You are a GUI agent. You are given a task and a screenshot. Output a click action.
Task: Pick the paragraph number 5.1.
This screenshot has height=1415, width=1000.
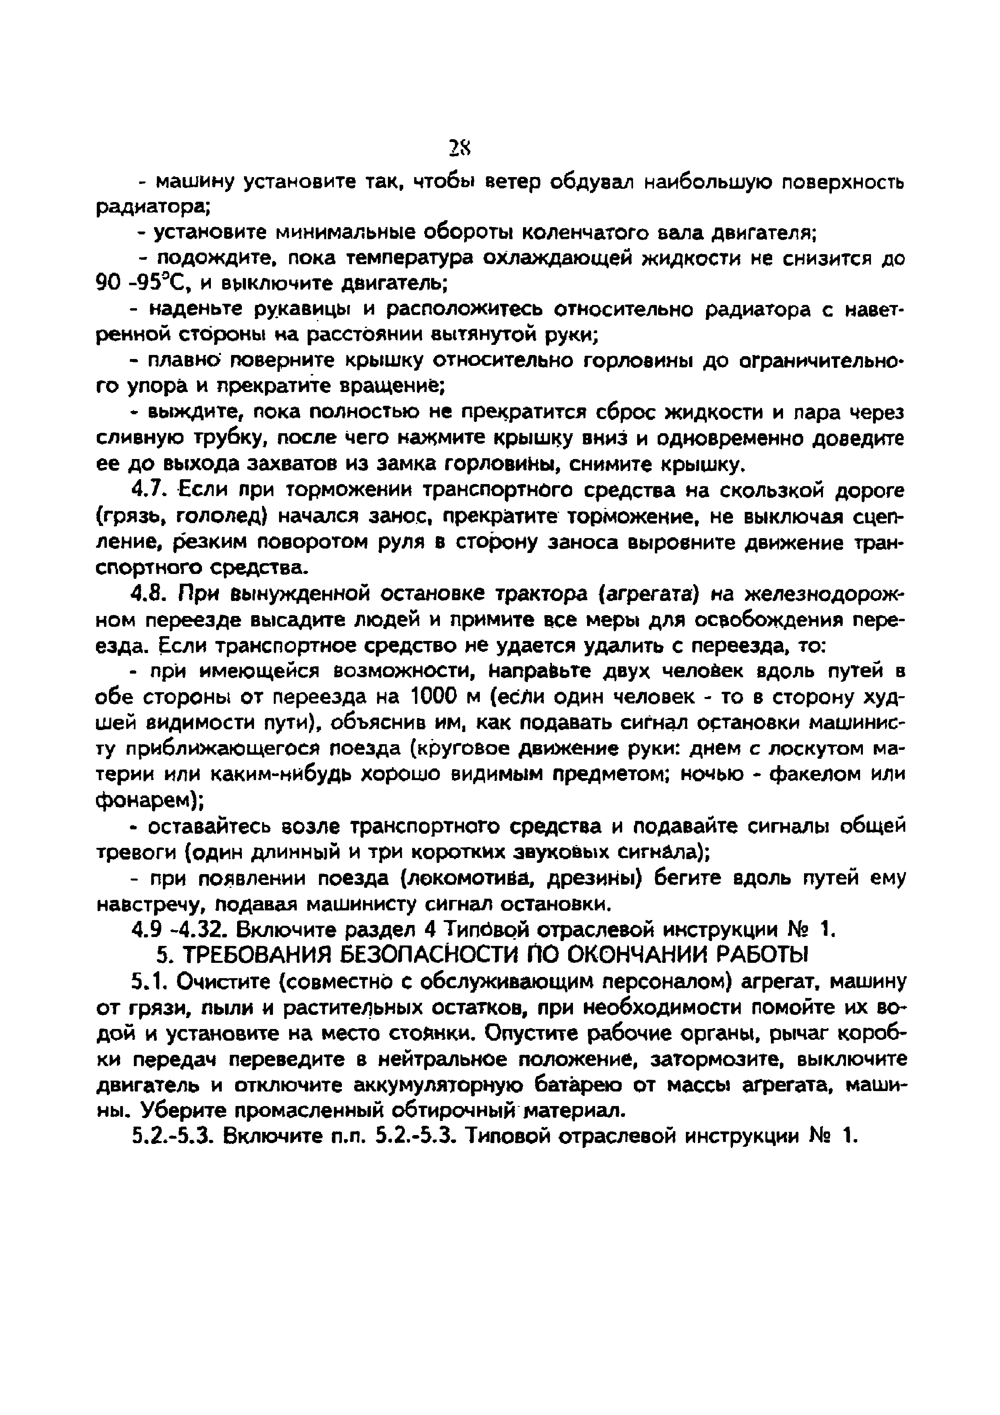point(146,980)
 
